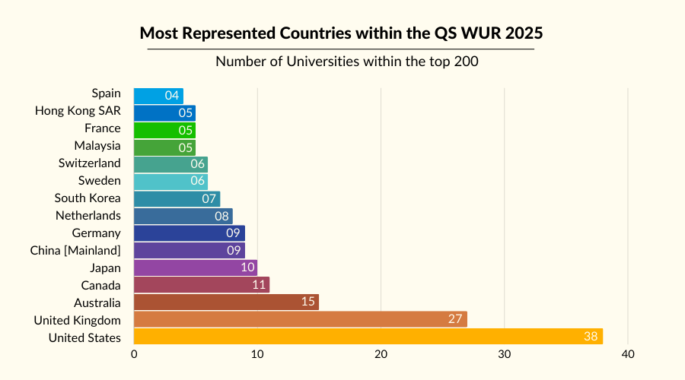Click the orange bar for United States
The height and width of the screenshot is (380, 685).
click(x=368, y=336)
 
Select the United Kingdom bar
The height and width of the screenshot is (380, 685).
click(x=300, y=319)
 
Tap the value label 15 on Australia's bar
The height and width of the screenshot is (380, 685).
click(x=308, y=302)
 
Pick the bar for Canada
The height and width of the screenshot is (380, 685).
click(x=202, y=285)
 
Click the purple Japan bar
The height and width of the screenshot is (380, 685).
click(x=196, y=268)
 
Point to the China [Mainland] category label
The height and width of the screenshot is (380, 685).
click(x=75, y=250)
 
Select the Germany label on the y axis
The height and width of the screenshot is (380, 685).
click(x=96, y=233)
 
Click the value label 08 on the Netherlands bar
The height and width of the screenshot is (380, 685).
click(x=222, y=216)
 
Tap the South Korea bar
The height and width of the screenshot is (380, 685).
click(x=177, y=198)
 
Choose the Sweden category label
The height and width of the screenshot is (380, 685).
click(x=99, y=180)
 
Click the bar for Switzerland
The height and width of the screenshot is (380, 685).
click(x=170, y=164)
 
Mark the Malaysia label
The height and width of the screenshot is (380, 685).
click(x=97, y=145)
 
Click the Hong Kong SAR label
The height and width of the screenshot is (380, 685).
click(x=78, y=111)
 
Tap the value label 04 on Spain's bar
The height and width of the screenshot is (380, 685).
click(x=173, y=96)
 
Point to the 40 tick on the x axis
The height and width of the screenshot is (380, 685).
click(x=627, y=354)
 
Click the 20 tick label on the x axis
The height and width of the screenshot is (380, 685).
click(x=381, y=354)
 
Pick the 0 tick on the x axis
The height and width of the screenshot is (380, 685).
click(x=134, y=354)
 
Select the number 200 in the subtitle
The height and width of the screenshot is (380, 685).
click(x=466, y=62)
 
